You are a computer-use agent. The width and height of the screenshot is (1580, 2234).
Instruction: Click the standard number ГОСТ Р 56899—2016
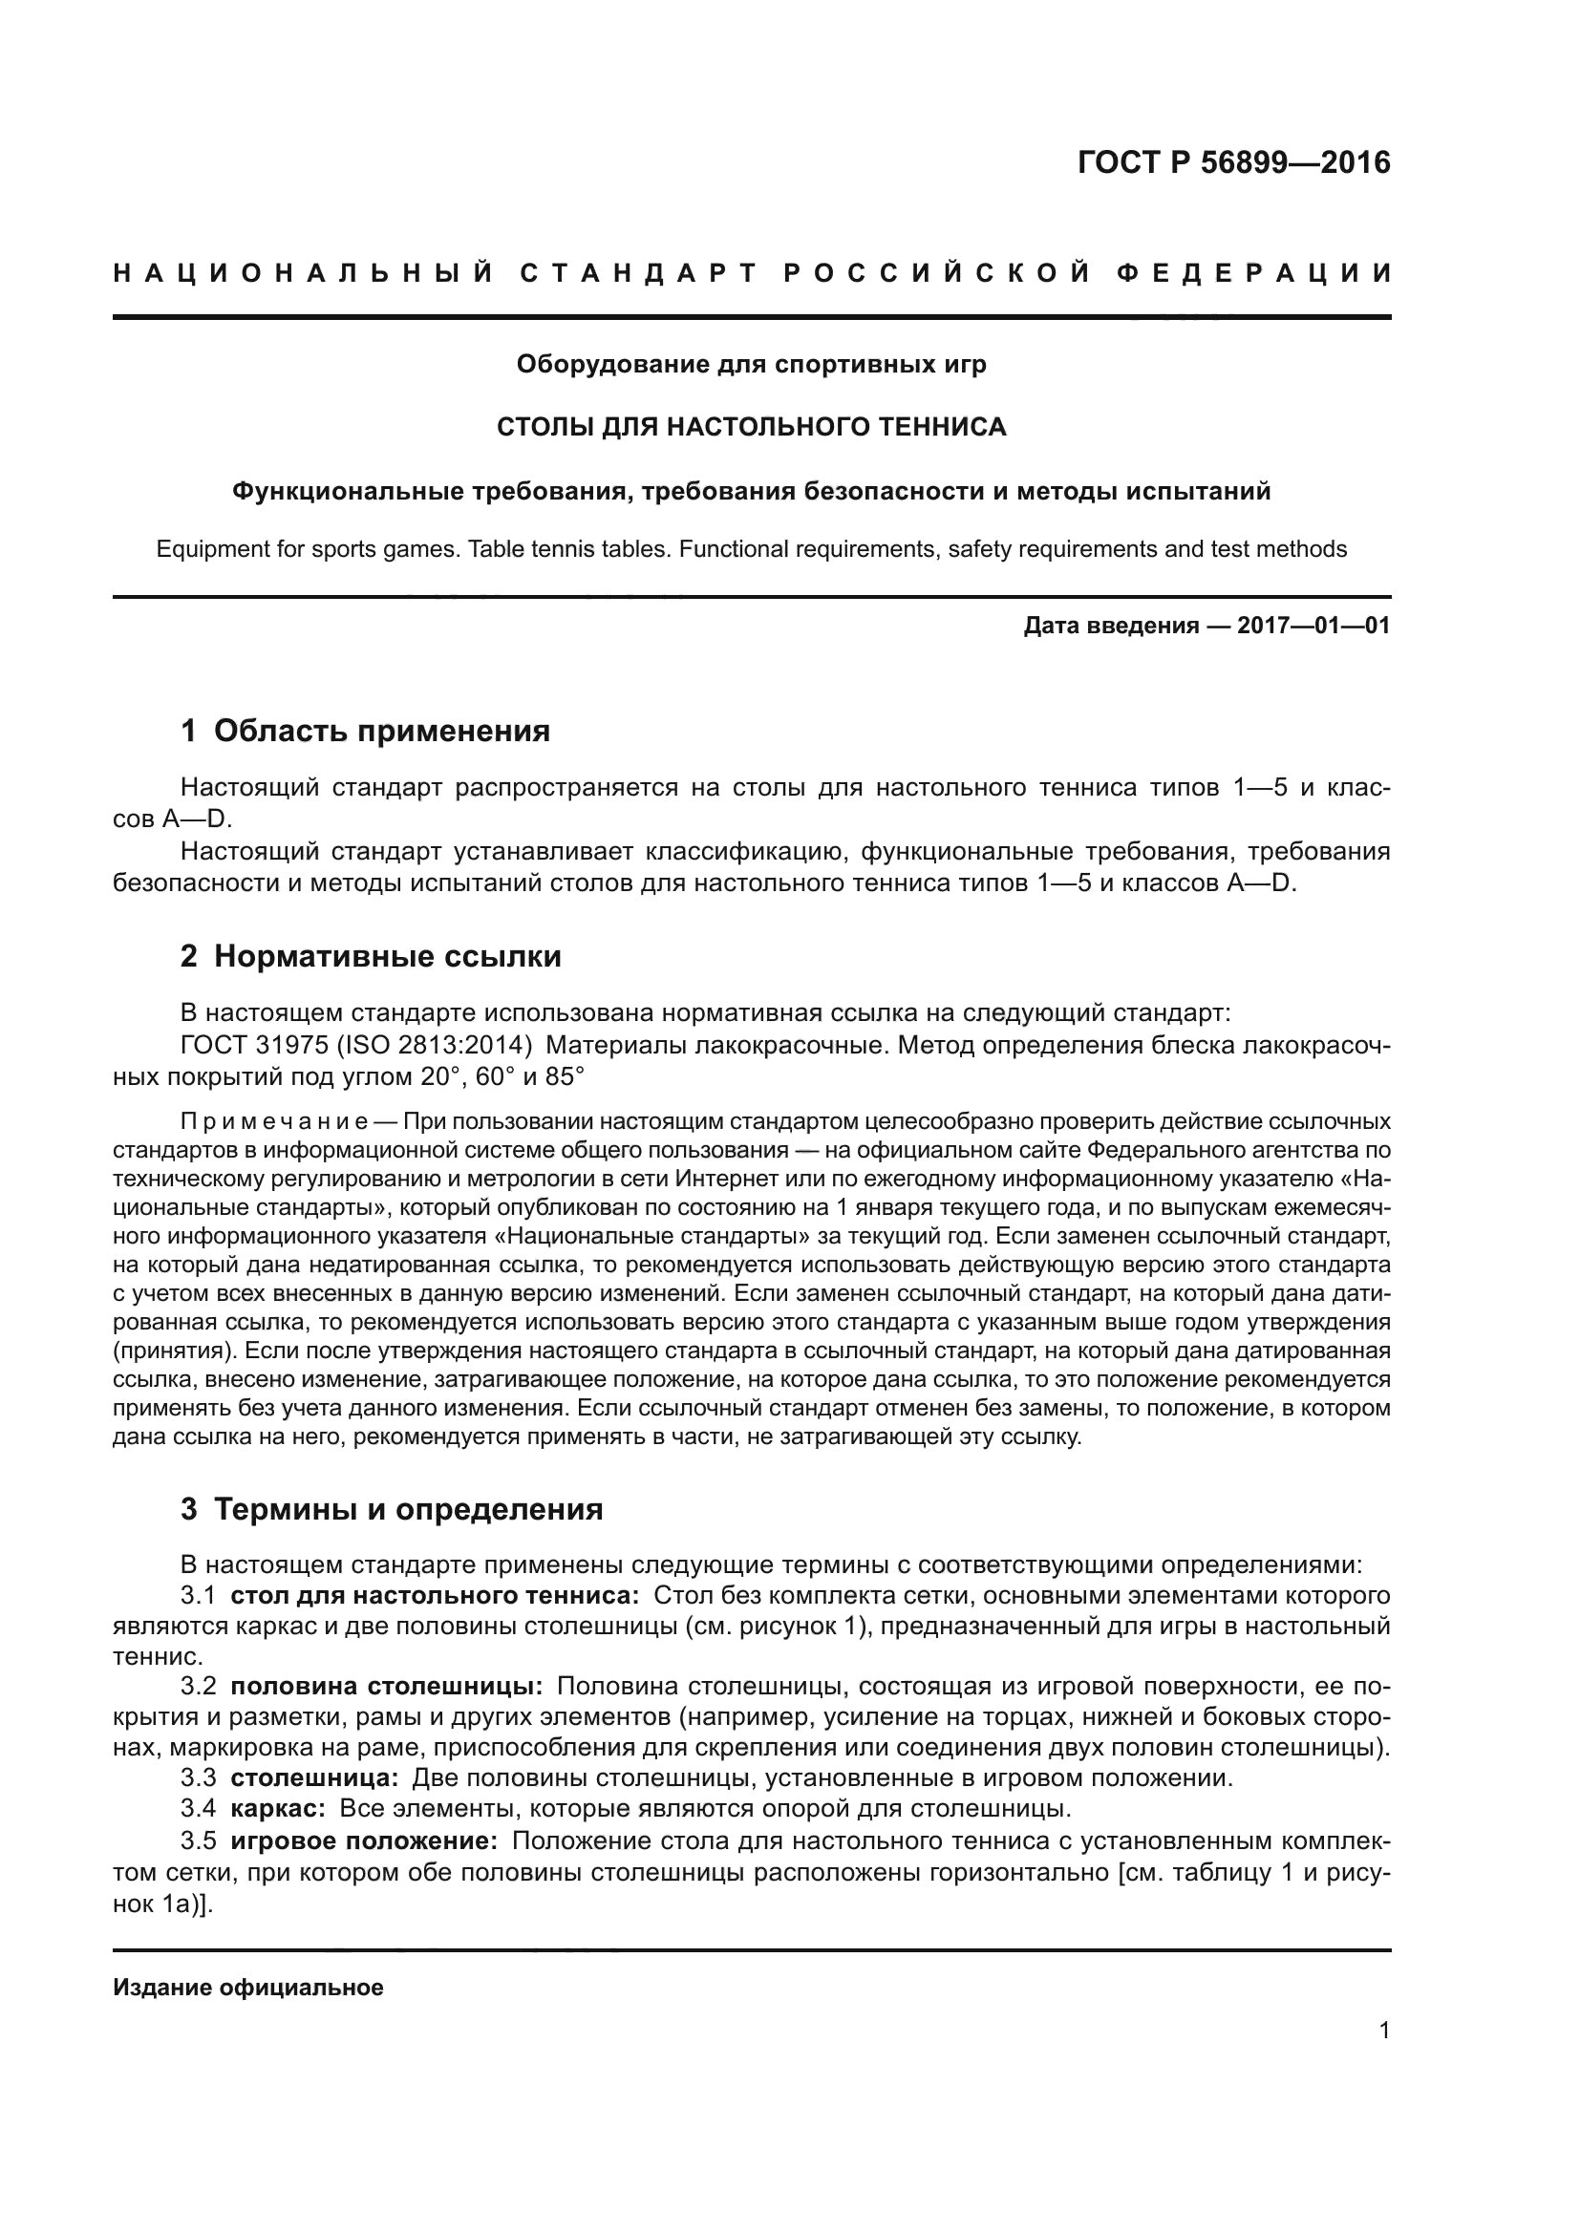(x=1233, y=162)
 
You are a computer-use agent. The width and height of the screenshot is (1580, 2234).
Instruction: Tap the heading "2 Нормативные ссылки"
(x=371, y=956)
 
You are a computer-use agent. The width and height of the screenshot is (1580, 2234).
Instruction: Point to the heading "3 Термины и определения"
(x=391, y=1509)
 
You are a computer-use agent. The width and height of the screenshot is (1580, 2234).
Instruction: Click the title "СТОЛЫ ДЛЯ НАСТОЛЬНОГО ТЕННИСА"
(x=751, y=427)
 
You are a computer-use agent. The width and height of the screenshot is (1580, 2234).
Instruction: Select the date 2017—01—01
(x=1313, y=626)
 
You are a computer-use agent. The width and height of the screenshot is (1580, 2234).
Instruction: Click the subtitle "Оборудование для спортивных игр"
(x=751, y=364)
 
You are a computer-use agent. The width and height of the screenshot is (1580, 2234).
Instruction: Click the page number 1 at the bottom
(x=1383, y=2031)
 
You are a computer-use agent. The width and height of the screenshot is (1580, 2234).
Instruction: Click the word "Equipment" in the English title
(x=201, y=550)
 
